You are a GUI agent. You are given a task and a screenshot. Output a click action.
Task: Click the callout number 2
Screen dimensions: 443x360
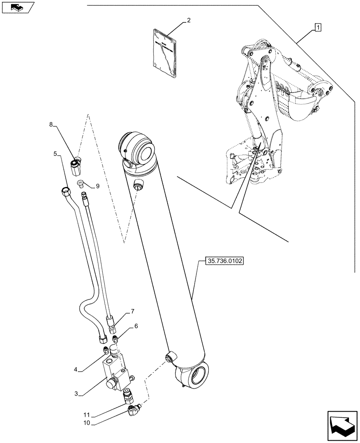[x=189, y=20]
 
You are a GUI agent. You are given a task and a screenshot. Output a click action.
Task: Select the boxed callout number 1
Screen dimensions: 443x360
[x=318, y=27]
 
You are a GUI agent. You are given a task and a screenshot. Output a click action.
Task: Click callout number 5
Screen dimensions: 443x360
[x=55, y=154]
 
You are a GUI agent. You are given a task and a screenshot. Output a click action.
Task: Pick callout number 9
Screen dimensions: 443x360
[x=97, y=186]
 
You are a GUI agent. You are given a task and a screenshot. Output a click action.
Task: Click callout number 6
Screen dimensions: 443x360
[x=137, y=326]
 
